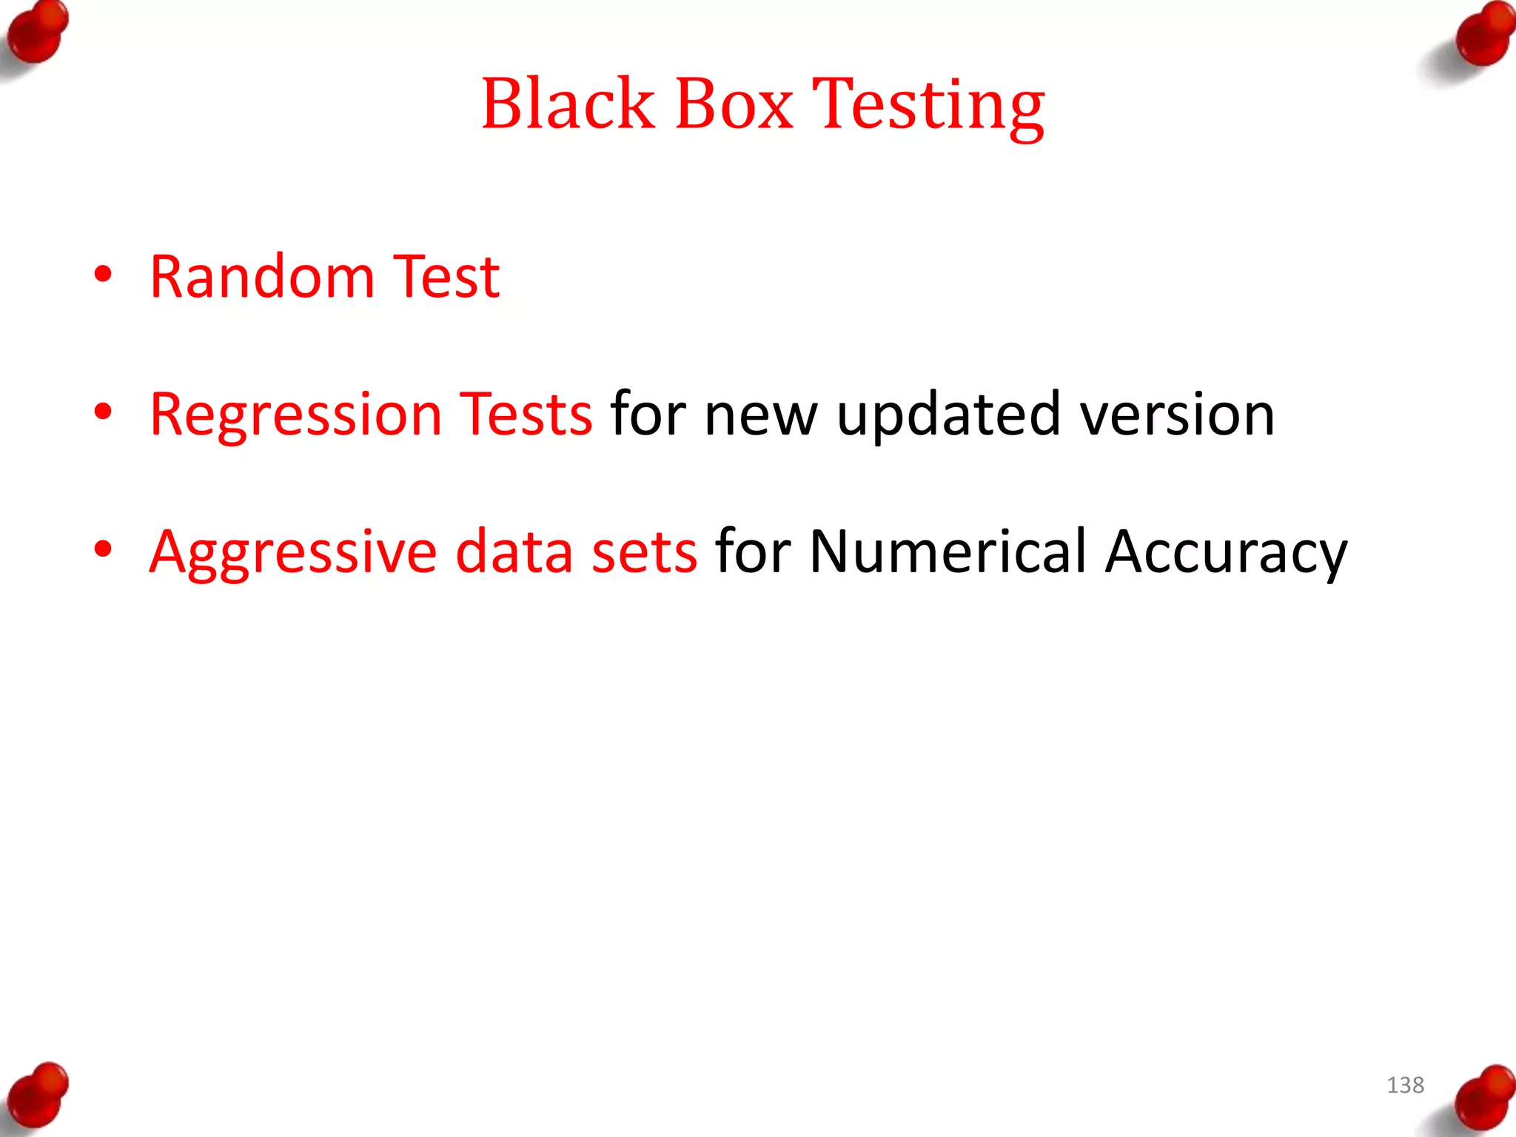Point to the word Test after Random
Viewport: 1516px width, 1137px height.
click(446, 277)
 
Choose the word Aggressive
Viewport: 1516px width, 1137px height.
click(293, 553)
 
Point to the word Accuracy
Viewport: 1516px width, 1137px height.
click(1226, 553)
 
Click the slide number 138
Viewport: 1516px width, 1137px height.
click(1405, 1085)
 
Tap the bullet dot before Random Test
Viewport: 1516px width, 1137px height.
click(103, 274)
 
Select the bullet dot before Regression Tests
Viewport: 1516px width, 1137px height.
click(103, 412)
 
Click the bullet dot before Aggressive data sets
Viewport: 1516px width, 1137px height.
click(103, 549)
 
